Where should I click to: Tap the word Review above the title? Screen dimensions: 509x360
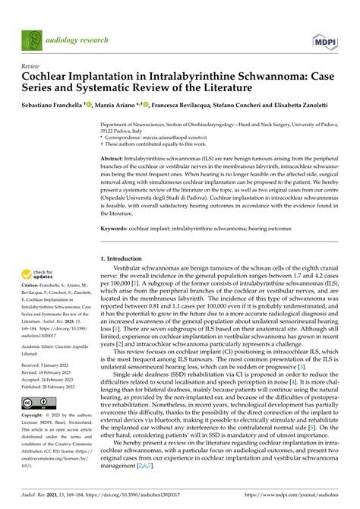(x=33, y=67)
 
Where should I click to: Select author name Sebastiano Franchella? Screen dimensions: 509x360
(x=57, y=105)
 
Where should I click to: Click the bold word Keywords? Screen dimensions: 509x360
(x=116, y=227)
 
